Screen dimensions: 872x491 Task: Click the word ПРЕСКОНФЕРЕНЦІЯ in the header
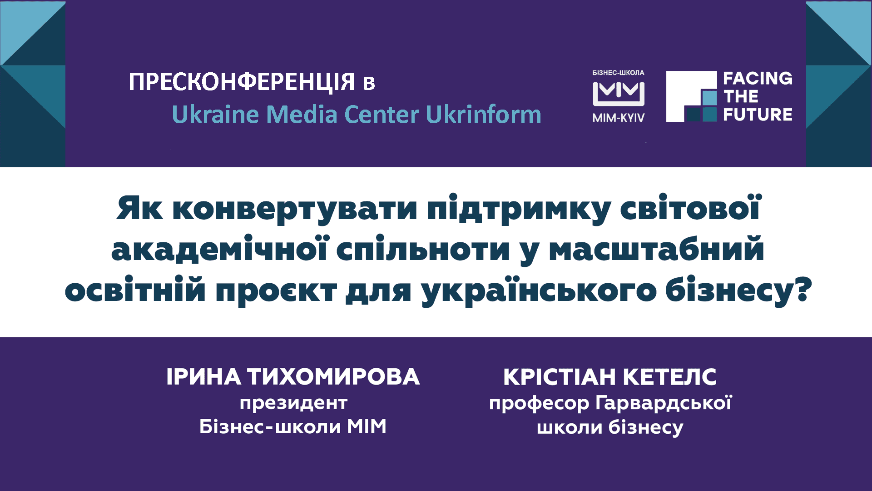(242, 82)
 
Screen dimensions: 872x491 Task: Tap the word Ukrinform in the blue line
(484, 114)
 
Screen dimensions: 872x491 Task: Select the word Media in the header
(302, 114)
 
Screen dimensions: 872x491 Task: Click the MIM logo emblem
(619, 94)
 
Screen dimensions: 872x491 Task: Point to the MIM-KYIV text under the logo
(619, 118)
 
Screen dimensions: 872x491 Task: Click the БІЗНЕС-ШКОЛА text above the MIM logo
(619, 73)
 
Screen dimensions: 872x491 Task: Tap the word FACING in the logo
(758, 79)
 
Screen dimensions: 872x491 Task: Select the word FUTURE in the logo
(758, 114)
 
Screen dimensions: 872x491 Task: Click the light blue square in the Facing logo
(709, 98)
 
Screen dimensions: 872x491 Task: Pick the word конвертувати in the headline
(295, 209)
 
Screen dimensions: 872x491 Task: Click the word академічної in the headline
(219, 249)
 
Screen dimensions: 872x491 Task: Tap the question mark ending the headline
(803, 290)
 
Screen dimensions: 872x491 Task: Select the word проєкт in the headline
(276, 291)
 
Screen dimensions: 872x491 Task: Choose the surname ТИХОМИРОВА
(333, 377)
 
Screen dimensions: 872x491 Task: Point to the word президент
(293, 403)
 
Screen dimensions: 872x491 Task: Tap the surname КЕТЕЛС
(669, 377)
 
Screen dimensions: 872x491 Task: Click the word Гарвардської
(664, 404)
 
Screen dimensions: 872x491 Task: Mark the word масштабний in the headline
(657, 250)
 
